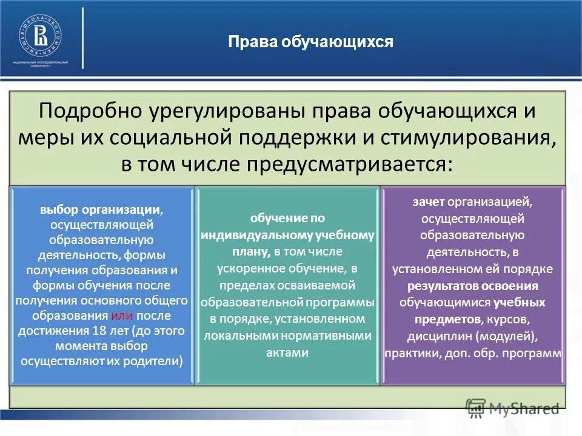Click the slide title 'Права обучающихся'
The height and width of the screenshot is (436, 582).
click(310, 42)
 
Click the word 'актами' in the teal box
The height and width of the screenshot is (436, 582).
click(287, 352)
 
